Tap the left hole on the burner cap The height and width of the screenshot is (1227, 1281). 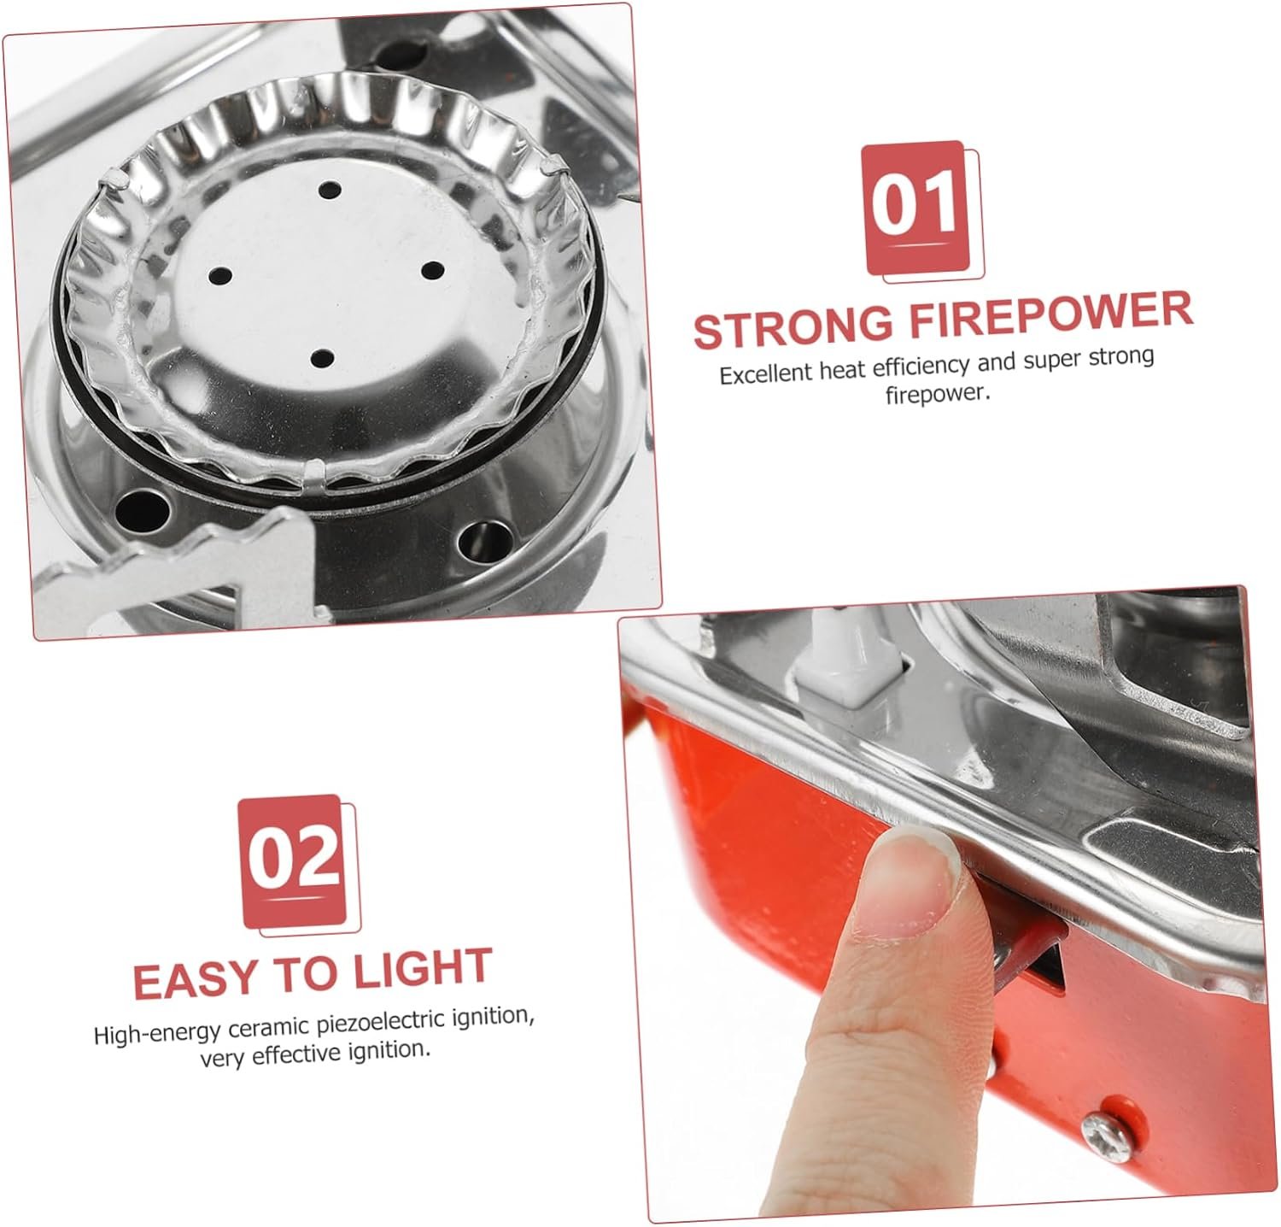(x=220, y=276)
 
